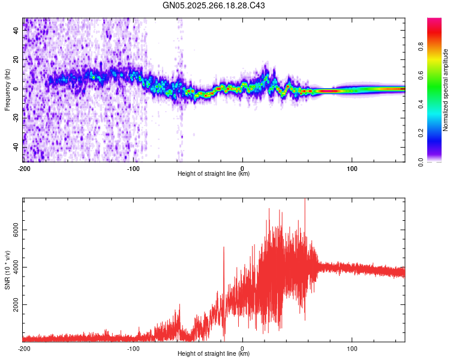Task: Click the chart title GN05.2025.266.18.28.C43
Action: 214,5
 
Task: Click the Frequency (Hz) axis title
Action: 7,89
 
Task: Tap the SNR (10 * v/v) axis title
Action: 7,269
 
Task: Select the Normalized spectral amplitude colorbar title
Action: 446,89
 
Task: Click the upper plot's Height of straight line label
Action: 214,173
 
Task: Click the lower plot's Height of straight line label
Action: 214,353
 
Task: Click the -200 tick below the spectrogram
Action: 24,167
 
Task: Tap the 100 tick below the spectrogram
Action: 352,167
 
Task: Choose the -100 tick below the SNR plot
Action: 133,347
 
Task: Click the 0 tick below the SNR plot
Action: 242,347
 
